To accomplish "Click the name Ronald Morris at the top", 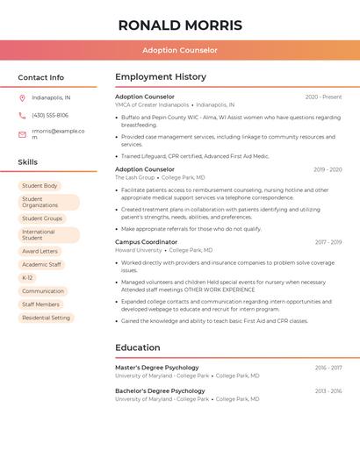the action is [x=180, y=25].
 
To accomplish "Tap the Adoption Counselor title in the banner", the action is [x=180, y=51].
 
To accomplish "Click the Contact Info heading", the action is [x=41, y=77].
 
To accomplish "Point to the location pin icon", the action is [x=22, y=97].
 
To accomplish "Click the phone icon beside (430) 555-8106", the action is [x=22, y=115].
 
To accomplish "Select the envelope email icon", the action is [x=22, y=134].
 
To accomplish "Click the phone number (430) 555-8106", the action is [x=50, y=115].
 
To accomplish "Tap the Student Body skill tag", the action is [x=40, y=186].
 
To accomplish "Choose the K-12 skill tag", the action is [x=27, y=277].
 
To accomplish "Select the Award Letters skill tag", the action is [x=40, y=251].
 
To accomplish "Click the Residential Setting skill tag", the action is [x=46, y=318].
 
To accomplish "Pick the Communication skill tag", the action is [x=43, y=291].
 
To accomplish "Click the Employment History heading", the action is [x=161, y=77].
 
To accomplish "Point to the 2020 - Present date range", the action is [x=323, y=97].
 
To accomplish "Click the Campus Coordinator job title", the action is [x=146, y=241].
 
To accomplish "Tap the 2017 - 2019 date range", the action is [x=328, y=241].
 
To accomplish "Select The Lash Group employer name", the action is [x=134, y=177].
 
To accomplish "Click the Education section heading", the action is [x=138, y=347].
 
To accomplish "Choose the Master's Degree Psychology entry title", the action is [x=157, y=368].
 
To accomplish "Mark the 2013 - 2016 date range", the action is [x=328, y=390].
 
